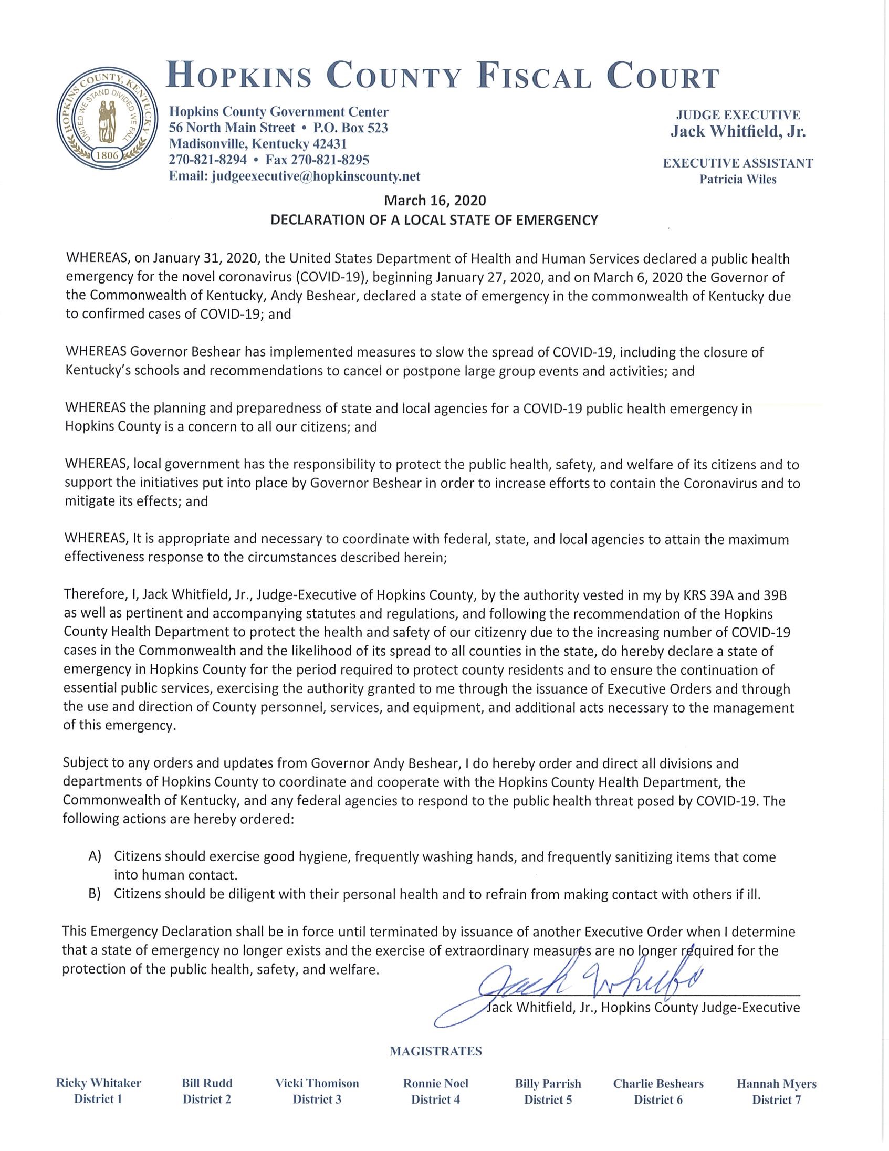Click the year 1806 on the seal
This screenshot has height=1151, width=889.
point(107,155)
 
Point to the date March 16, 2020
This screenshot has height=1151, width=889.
point(435,201)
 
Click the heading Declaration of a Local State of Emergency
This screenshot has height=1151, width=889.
point(434,221)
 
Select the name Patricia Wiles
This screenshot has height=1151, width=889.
point(738,180)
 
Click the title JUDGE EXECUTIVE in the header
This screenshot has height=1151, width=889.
point(738,115)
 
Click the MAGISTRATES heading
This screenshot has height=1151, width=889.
point(435,1052)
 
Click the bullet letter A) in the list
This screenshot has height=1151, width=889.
point(95,856)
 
